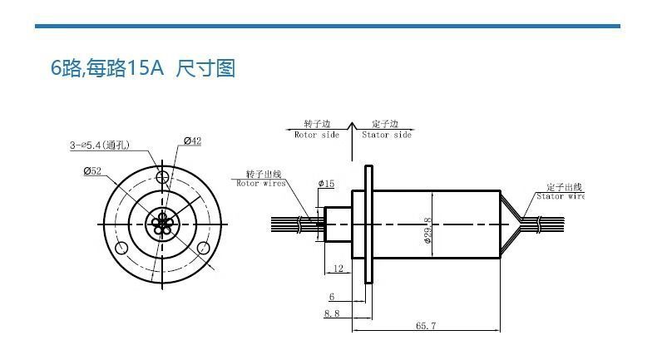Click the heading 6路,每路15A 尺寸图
(x=143, y=68)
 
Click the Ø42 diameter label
(x=192, y=141)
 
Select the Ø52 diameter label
(x=92, y=170)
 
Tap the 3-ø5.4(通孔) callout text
(x=98, y=145)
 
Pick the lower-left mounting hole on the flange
(x=122, y=247)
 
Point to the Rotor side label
(x=317, y=135)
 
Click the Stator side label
(x=387, y=135)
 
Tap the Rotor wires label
(x=261, y=183)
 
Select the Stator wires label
(x=561, y=196)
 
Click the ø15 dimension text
(x=326, y=183)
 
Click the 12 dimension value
(x=337, y=269)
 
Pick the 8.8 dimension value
(x=331, y=313)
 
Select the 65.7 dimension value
(x=426, y=325)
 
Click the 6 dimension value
(x=331, y=297)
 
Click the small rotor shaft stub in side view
(x=337, y=223)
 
